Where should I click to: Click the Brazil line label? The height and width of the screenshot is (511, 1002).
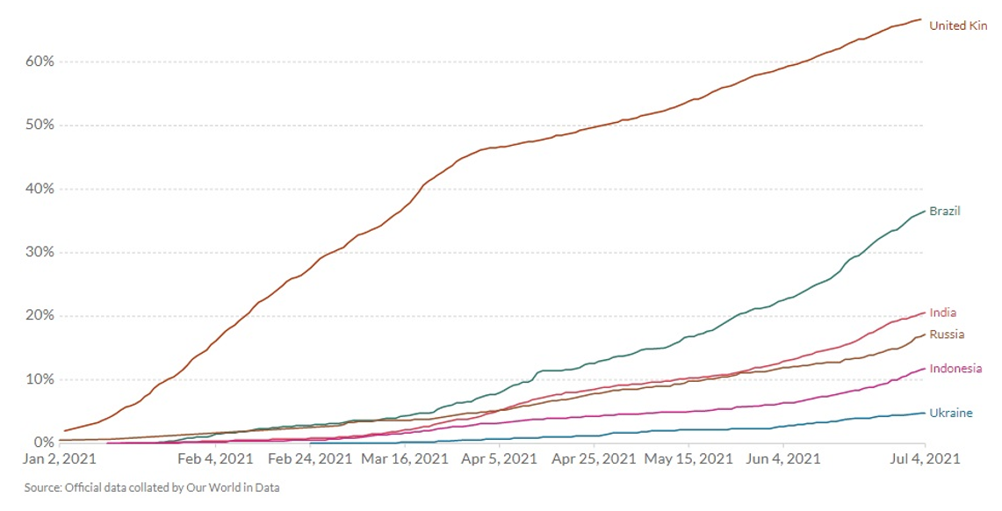pos(945,212)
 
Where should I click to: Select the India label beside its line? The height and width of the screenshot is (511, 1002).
pos(942,313)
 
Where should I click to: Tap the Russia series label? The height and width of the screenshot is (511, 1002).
pos(947,335)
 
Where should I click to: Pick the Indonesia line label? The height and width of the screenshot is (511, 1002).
pos(955,369)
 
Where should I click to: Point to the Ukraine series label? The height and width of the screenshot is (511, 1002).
pos(950,413)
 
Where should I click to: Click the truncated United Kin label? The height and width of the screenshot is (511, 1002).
pos(958,25)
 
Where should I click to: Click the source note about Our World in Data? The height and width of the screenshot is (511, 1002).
pos(152,486)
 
